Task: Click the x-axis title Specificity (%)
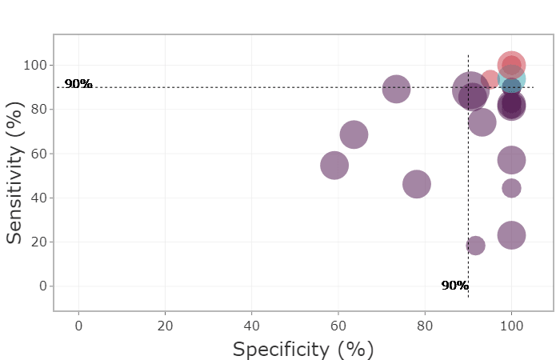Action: tap(303, 350)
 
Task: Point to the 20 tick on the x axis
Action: tap(165, 326)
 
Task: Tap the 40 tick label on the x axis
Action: tap(251, 326)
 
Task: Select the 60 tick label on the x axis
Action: tap(338, 326)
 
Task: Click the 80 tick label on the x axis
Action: tap(424, 326)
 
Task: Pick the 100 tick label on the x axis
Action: tap(510, 326)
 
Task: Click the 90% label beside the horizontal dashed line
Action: tap(78, 83)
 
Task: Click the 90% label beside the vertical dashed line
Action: tap(454, 285)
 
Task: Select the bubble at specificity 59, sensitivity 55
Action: tap(334, 165)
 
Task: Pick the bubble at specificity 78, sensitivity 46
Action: tap(416, 184)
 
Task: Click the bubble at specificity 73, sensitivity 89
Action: tap(395, 89)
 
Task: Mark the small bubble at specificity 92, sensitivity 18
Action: tap(475, 246)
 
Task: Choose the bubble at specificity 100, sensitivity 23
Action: tap(511, 235)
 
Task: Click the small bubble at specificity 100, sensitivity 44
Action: tap(511, 188)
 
